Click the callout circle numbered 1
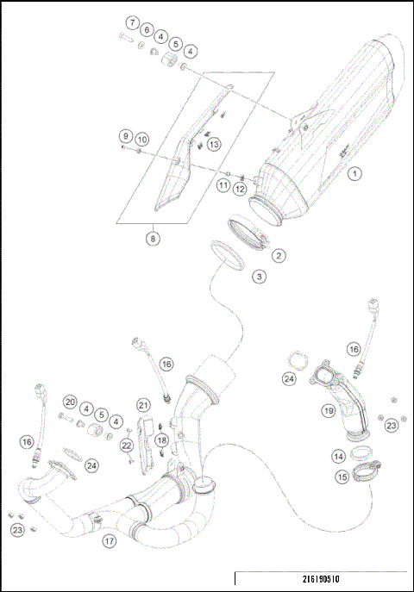coord(354,173)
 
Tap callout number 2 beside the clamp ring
coord(278,255)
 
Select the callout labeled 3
coord(258,277)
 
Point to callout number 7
coord(133,22)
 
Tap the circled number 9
coord(126,136)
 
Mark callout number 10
coord(142,139)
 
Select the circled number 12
coord(241,189)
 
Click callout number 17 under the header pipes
coord(109,541)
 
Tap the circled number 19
coord(329,411)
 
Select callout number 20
coord(70,402)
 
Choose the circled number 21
coord(143,405)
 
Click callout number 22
coord(128,445)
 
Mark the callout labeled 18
coord(160,440)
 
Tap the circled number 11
coord(223,185)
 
